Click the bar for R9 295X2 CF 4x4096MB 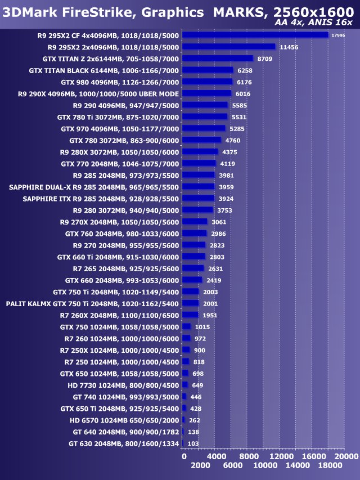pyautogui.click(x=256, y=35)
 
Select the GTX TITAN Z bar pyautogui.click(x=218, y=58)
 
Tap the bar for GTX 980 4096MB pyautogui.click(x=208, y=82)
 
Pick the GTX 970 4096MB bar pyautogui.click(x=204, y=128)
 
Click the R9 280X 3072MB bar pyautogui.click(x=201, y=152)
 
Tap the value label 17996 pyautogui.click(x=338, y=35)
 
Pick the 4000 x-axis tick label pyautogui.click(x=217, y=456)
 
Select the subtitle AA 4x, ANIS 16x pyautogui.click(x=314, y=22)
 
